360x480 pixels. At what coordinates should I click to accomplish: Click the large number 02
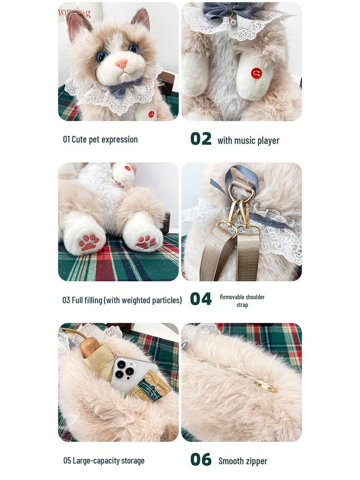click(201, 139)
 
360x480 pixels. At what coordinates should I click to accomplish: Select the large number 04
click(201, 299)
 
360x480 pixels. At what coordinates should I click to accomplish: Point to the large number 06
click(201, 460)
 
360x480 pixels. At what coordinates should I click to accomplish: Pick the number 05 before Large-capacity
click(67, 461)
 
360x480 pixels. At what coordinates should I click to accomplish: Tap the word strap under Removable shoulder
click(242, 305)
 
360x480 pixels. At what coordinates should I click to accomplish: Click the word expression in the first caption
click(120, 140)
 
